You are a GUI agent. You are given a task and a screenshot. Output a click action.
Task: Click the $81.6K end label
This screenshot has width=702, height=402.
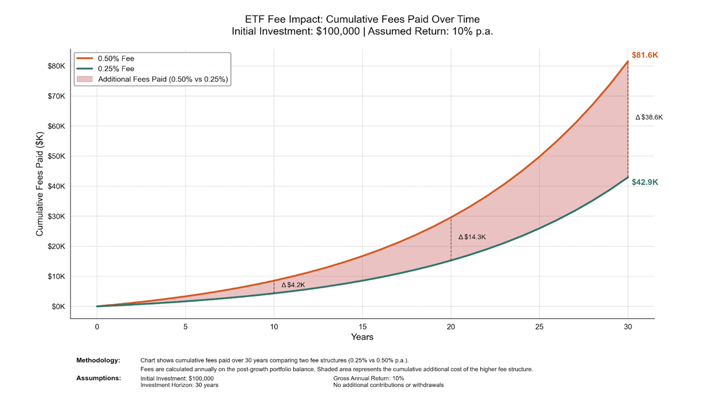[x=645, y=55]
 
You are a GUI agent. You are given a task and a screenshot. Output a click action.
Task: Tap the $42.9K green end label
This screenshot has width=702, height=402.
[x=645, y=182]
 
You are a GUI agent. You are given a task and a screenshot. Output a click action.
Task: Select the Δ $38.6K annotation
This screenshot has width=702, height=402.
[x=649, y=117]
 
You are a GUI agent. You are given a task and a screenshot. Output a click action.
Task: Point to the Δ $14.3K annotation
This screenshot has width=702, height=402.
[x=472, y=237]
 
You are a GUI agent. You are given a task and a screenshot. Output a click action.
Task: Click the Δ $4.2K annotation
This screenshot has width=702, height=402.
[x=293, y=285]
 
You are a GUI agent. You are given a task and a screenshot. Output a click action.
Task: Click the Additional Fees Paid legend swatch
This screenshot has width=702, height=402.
[x=84, y=80]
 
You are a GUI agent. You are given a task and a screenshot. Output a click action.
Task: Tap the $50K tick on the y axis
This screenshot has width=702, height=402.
[x=56, y=156]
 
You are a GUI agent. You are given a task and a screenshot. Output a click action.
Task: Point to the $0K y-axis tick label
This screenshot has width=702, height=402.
[x=58, y=307]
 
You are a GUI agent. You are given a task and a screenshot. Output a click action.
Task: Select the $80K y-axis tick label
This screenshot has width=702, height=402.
[x=56, y=66]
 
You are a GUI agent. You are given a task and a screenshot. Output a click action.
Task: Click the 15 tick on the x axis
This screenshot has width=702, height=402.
[x=362, y=327]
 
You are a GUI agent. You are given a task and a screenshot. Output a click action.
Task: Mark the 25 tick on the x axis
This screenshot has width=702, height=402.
[x=539, y=327]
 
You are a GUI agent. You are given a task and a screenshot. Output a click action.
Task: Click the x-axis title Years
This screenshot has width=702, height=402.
[x=362, y=337]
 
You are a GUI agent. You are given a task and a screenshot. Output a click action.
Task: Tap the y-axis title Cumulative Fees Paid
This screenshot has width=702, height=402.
[x=40, y=184]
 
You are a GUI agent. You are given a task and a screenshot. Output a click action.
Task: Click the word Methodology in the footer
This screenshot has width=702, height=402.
[x=98, y=360]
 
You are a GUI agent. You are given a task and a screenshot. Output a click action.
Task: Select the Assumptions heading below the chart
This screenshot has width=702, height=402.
[x=98, y=378]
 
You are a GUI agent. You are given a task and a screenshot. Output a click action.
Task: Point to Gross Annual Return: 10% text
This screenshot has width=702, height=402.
[x=369, y=378]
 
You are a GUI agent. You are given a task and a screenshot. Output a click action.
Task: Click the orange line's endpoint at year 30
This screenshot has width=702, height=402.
[x=628, y=61]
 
